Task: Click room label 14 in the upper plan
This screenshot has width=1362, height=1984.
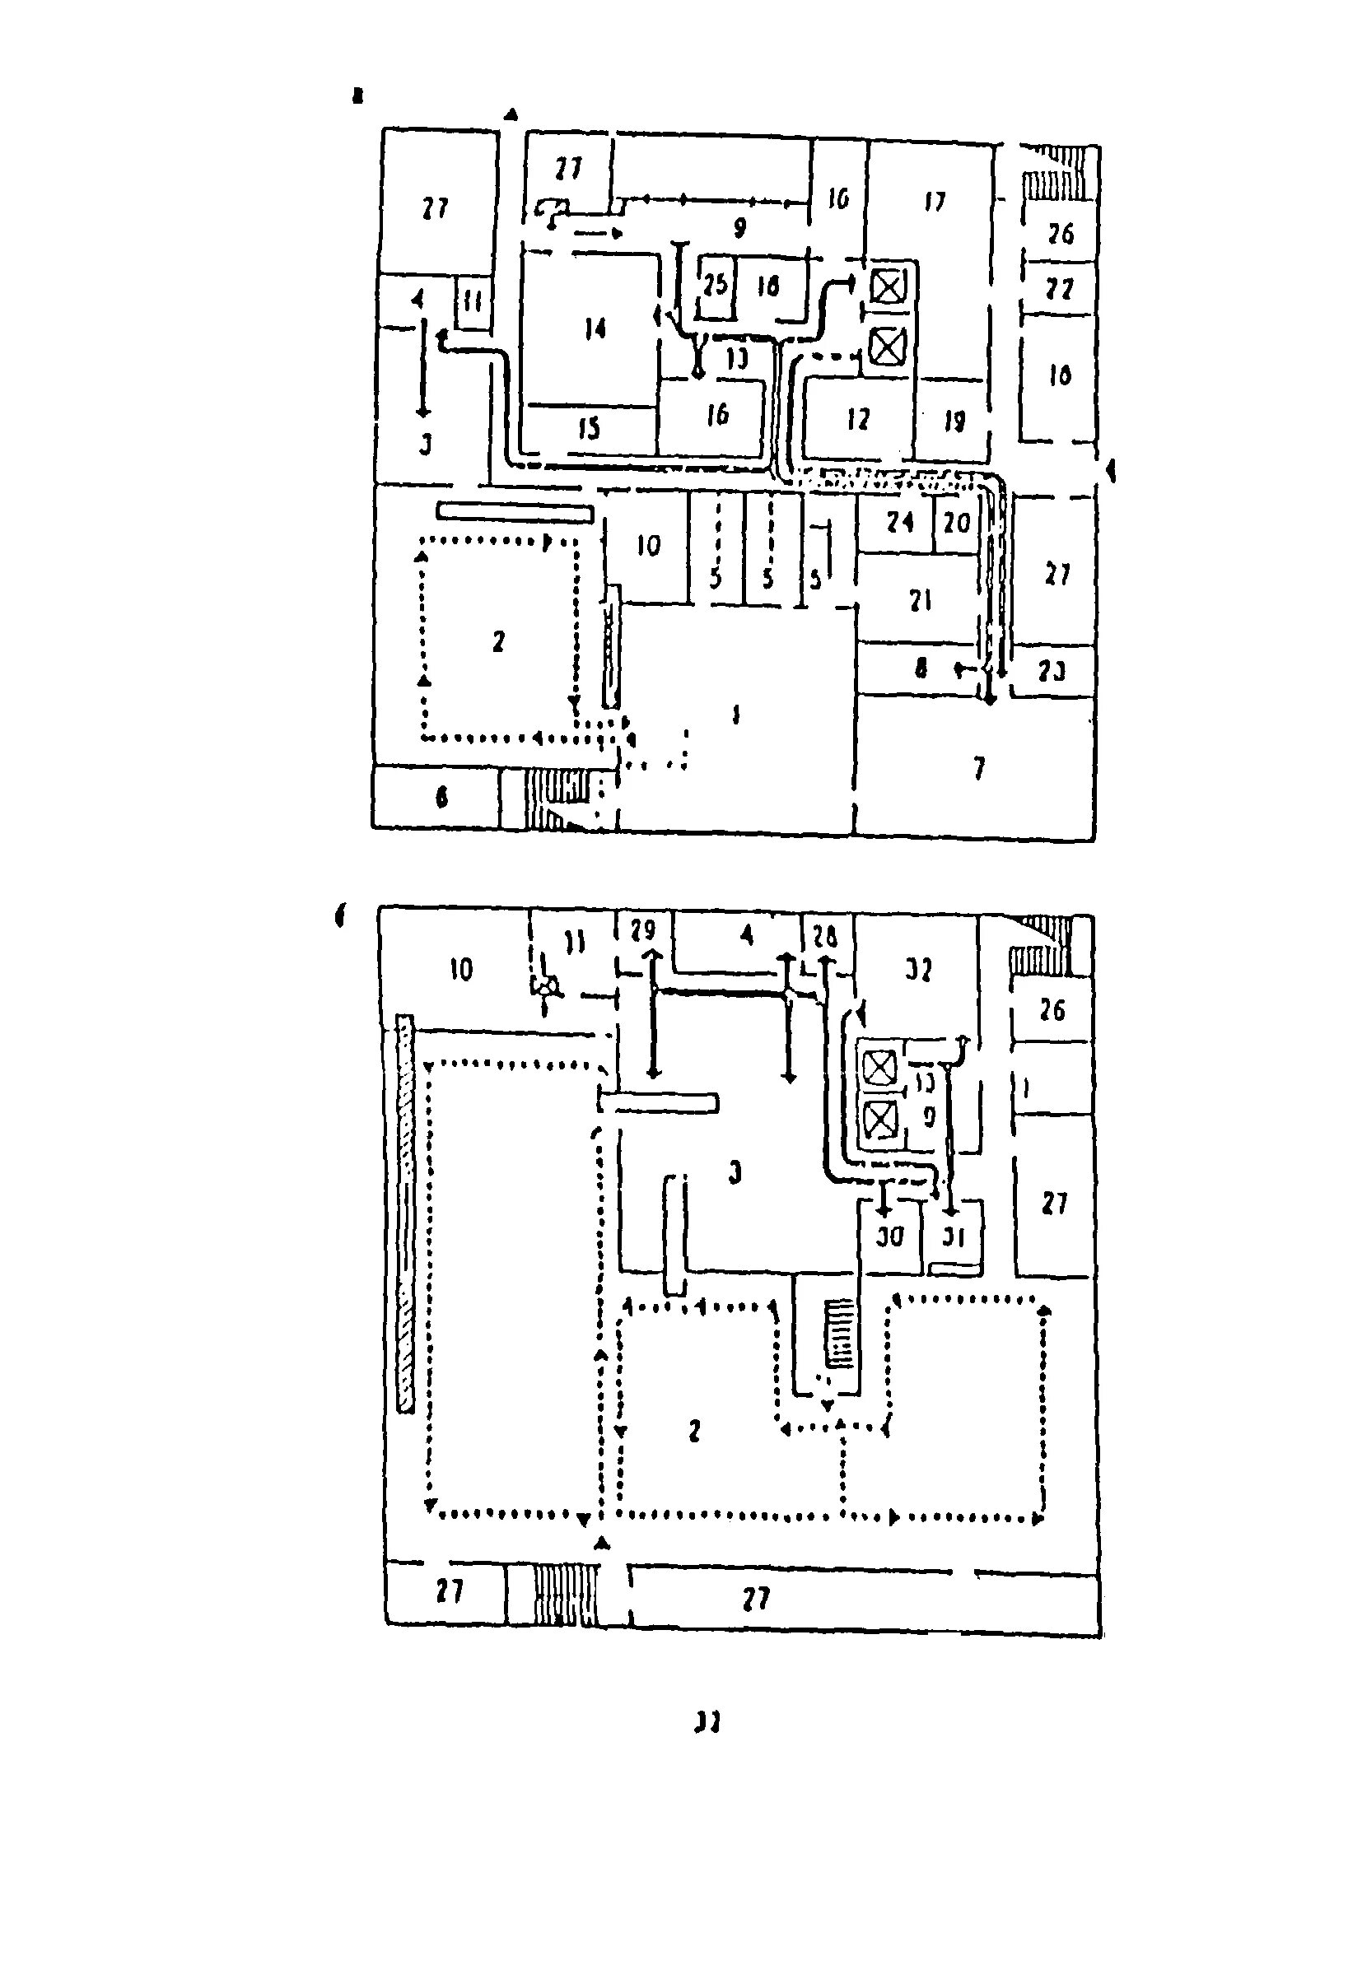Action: click(595, 328)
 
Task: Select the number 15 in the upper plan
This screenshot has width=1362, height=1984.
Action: click(590, 428)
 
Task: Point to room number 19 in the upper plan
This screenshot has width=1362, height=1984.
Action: click(954, 421)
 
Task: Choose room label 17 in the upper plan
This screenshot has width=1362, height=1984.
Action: click(935, 202)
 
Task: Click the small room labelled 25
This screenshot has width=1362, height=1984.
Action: click(715, 284)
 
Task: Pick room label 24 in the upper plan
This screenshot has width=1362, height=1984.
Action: click(900, 522)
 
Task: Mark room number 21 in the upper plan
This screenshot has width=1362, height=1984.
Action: click(920, 601)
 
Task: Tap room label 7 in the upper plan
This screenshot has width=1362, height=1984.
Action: click(978, 769)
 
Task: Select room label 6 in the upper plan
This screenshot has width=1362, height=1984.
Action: click(441, 798)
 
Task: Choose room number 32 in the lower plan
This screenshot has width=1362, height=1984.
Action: click(918, 970)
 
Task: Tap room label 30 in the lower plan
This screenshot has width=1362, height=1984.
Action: click(890, 1237)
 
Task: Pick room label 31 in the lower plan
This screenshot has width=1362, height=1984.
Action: click(953, 1237)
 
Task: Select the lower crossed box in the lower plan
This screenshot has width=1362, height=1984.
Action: click(879, 1120)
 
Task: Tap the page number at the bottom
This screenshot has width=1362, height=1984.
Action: click(707, 1723)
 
